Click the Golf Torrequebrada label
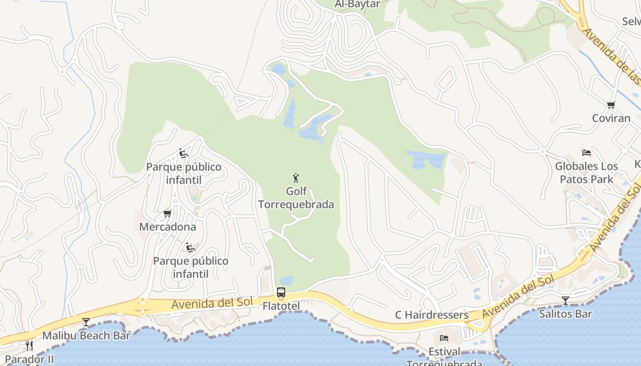point(296,198)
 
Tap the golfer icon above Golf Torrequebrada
point(296,178)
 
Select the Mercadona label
point(168,226)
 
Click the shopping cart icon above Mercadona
point(167,213)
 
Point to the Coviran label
point(611,118)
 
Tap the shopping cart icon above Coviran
point(611,105)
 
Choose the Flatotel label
point(281,306)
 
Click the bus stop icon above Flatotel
point(281,292)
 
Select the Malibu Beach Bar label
point(86,335)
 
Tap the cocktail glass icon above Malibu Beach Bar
point(86,322)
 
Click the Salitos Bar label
point(565,314)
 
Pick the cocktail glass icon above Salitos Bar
point(565,301)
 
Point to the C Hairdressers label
point(432,315)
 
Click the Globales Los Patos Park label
point(587,172)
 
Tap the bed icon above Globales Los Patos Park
point(587,153)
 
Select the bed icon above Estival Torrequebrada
point(444,339)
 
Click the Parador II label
point(29,359)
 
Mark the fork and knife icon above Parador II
point(29,345)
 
